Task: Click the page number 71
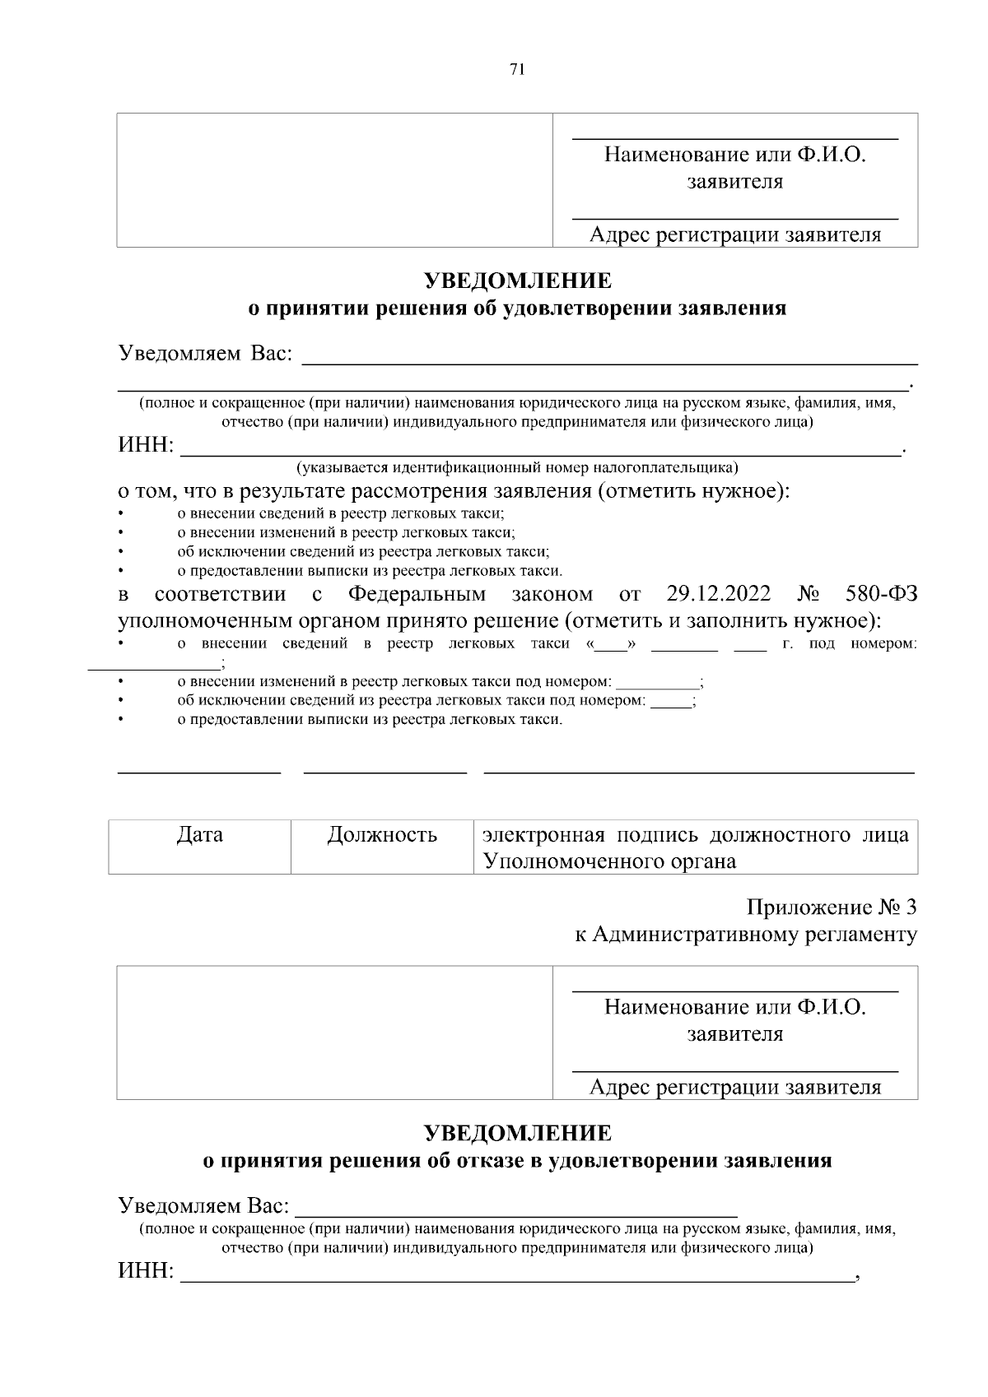click(517, 69)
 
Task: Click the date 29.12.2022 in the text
click(718, 594)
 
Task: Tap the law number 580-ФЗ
click(881, 594)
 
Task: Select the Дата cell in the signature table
click(199, 835)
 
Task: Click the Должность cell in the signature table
click(382, 835)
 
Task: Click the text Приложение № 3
click(831, 907)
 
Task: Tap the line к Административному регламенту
click(745, 934)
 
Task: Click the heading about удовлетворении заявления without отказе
click(517, 309)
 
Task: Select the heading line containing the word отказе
click(517, 1161)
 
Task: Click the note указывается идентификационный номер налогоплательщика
click(517, 468)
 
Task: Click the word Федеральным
click(417, 594)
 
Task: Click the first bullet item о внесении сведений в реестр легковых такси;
click(341, 513)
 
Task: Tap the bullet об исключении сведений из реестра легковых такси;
click(363, 551)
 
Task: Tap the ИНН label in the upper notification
click(146, 446)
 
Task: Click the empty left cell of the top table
click(334, 180)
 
